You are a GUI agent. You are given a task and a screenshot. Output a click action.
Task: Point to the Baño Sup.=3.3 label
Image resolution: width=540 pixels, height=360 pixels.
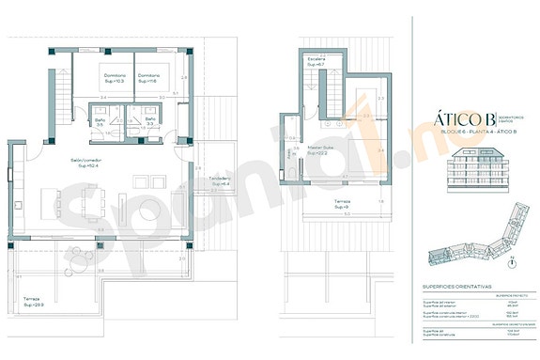click(x=150, y=121)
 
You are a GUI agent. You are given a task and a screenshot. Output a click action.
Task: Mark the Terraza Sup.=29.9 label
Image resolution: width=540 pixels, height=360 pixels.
click(x=35, y=303)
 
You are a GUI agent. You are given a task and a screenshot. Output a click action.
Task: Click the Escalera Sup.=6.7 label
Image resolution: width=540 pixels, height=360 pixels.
click(x=316, y=62)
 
